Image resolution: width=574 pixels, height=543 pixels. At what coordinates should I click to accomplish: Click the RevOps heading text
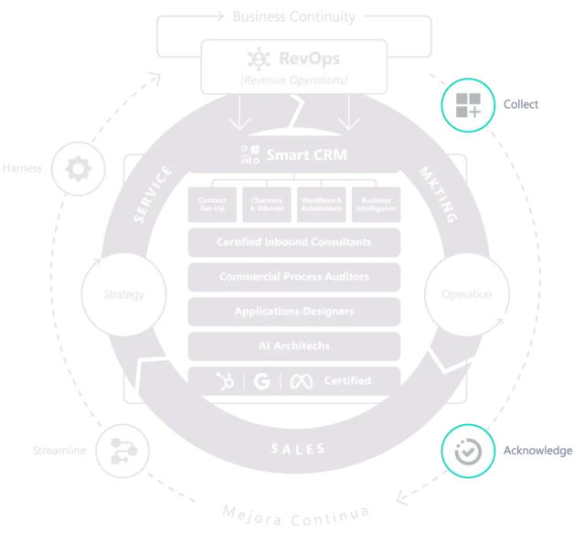[308, 59]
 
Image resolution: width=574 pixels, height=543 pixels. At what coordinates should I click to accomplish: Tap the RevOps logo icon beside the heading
[259, 59]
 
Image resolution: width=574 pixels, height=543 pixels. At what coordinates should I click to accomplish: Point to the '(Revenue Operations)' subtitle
[293, 80]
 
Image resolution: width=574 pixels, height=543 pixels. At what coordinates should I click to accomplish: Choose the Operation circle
[466, 294]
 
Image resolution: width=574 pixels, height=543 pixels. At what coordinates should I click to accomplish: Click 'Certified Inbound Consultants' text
[293, 242]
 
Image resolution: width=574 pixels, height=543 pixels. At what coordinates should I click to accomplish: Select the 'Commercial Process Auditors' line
[293, 276]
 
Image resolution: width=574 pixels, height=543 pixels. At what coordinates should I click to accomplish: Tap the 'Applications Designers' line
[293, 311]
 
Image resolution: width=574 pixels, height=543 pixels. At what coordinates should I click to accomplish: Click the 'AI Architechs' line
[293, 345]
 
